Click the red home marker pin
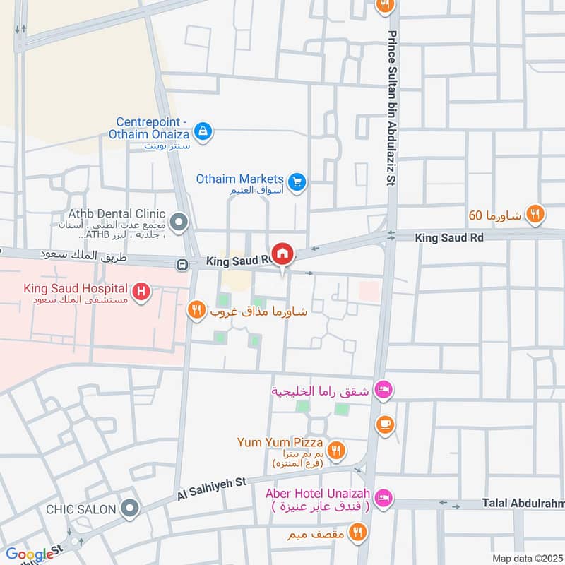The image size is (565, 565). (282, 254)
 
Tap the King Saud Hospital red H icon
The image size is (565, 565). (141, 291)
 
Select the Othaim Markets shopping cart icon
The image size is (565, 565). (297, 182)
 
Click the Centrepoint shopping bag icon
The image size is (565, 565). (203, 131)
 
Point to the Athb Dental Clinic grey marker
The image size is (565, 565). (179, 224)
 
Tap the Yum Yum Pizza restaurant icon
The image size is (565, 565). (337, 449)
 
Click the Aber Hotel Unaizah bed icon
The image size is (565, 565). (383, 499)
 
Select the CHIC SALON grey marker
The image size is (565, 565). (129, 509)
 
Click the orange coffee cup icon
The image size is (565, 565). (385, 424)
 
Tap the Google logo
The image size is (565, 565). (30, 554)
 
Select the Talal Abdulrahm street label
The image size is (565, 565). (523, 503)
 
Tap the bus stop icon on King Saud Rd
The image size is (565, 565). (182, 265)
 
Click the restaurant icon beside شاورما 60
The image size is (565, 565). (535, 213)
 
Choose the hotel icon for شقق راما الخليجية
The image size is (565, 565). (383, 391)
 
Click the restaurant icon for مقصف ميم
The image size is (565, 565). (359, 532)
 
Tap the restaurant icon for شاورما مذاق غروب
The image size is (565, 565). (196, 309)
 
